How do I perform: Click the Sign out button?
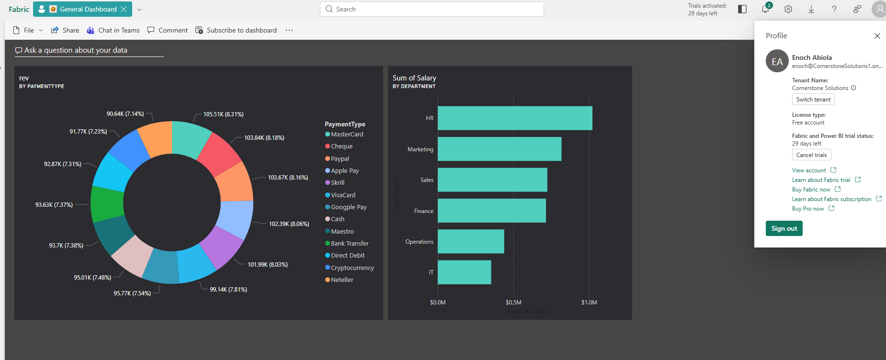(x=784, y=228)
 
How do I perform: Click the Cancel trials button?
(x=811, y=155)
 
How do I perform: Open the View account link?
(x=809, y=170)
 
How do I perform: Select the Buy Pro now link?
(x=808, y=209)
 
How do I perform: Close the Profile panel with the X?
(x=877, y=36)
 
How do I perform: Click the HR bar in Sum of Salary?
(x=515, y=118)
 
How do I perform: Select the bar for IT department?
(x=464, y=272)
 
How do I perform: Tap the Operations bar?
(x=471, y=241)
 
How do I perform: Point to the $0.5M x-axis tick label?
(x=513, y=303)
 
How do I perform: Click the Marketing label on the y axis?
(x=420, y=149)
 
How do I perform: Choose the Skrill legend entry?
(x=338, y=183)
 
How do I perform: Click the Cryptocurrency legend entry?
(x=352, y=268)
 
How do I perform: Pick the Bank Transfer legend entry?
(x=350, y=244)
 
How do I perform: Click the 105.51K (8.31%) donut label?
(x=223, y=114)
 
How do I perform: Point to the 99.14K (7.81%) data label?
(x=228, y=290)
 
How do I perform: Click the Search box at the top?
(x=432, y=9)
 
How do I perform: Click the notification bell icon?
(x=765, y=9)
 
